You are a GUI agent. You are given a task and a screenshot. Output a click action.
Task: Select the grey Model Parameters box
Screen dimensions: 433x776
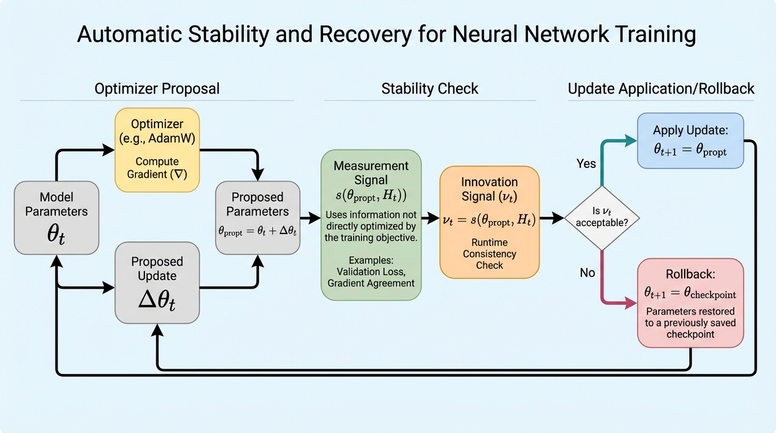(x=56, y=217)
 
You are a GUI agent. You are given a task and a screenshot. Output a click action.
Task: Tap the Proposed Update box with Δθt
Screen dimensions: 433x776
(x=157, y=282)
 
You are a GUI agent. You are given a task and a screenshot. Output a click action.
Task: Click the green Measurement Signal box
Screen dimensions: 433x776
(x=371, y=224)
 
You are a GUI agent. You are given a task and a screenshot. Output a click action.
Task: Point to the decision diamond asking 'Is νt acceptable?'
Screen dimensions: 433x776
(x=602, y=218)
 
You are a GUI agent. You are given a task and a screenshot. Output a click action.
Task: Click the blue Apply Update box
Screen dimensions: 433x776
(x=690, y=140)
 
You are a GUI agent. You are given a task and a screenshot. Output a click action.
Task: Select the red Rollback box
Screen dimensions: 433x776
(x=690, y=303)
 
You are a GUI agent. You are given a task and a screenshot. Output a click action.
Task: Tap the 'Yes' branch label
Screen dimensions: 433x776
(x=586, y=164)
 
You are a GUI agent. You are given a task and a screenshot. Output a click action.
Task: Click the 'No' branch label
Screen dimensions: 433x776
(x=587, y=273)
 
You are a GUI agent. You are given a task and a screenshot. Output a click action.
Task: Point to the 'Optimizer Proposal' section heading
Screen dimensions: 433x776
(x=157, y=89)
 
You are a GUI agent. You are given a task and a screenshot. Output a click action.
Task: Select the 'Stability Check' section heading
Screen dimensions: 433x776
(x=430, y=89)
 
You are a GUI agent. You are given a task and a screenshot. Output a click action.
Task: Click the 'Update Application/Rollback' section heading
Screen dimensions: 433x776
(x=661, y=89)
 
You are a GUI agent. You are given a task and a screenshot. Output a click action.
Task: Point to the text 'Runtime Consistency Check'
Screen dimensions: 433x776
(x=489, y=254)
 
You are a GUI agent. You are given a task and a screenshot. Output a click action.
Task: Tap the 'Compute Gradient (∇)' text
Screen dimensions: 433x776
(x=157, y=168)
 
